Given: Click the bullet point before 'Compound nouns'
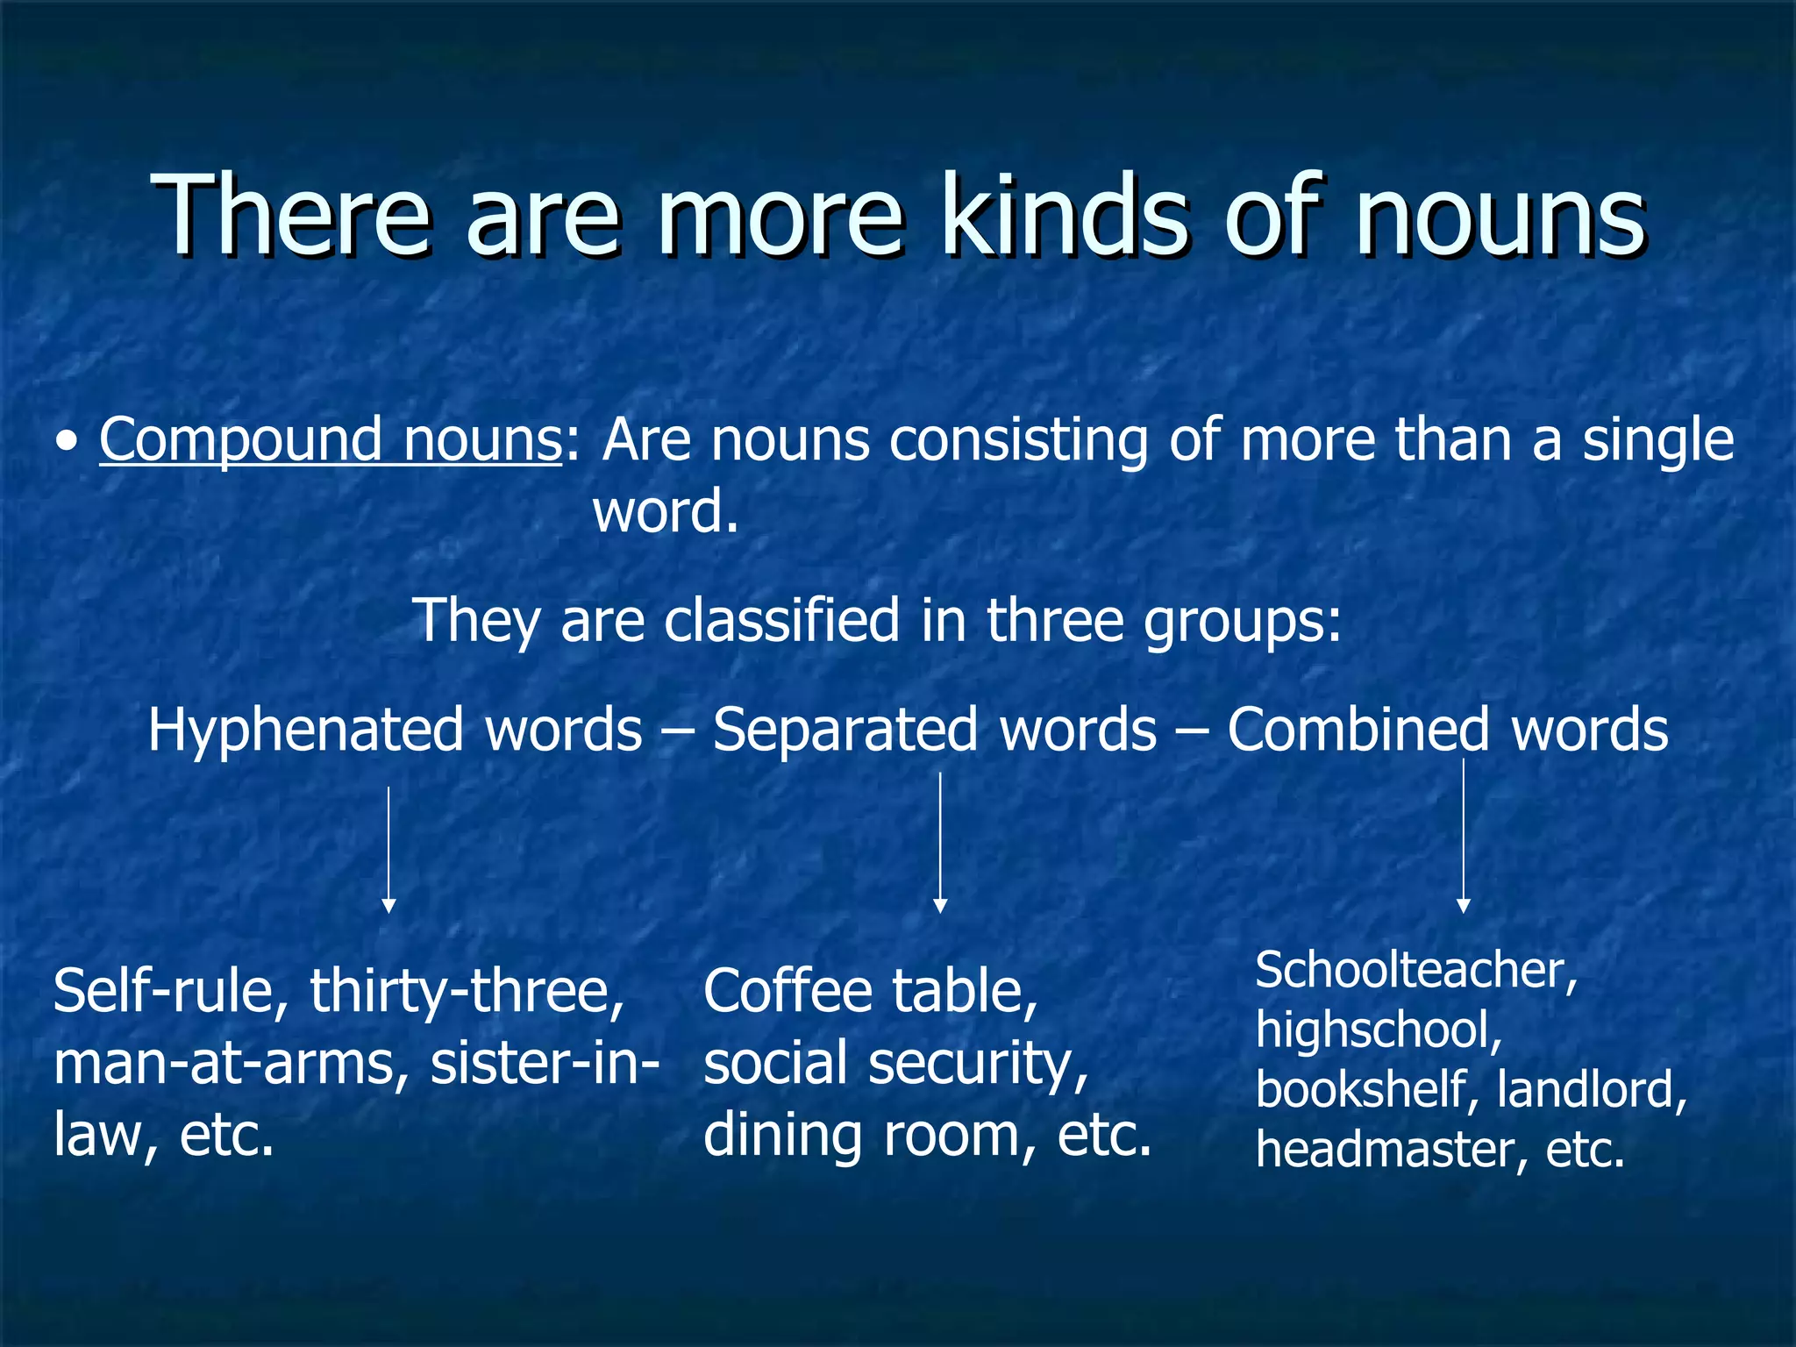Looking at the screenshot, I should tap(67, 443).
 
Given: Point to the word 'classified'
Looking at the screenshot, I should tap(781, 620).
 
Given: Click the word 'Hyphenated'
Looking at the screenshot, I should tap(304, 730).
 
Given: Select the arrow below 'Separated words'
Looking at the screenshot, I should tap(940, 842).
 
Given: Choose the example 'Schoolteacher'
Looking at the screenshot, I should tap(1415, 971).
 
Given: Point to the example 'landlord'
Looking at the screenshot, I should tap(1590, 1089).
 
